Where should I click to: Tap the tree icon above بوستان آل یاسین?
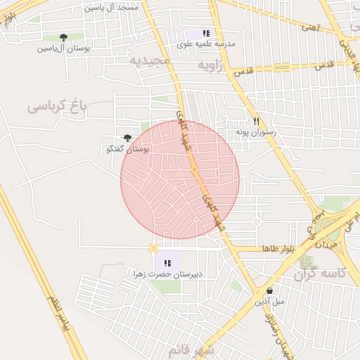(x=64, y=37)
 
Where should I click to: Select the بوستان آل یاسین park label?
(x=64, y=49)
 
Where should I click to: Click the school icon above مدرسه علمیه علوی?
(x=206, y=33)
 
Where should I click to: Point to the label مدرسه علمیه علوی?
(x=206, y=44)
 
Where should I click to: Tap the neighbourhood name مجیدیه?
(x=149, y=61)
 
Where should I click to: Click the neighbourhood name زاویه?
(x=214, y=65)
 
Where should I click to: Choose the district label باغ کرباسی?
(x=56, y=106)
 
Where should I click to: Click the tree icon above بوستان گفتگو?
(x=127, y=139)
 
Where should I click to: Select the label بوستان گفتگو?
(x=127, y=150)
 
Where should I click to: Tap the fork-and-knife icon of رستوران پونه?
(x=257, y=121)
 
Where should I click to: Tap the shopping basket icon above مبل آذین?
(x=269, y=290)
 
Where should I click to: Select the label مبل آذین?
(x=269, y=301)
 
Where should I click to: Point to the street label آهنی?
(x=309, y=28)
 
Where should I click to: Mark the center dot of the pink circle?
(x=194, y=169)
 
